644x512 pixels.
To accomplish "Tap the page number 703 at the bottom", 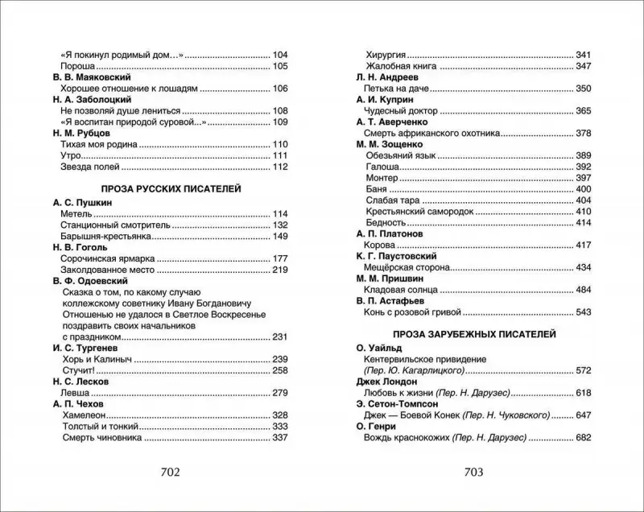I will (x=473, y=473).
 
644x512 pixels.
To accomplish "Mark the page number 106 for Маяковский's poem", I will (x=280, y=88).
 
